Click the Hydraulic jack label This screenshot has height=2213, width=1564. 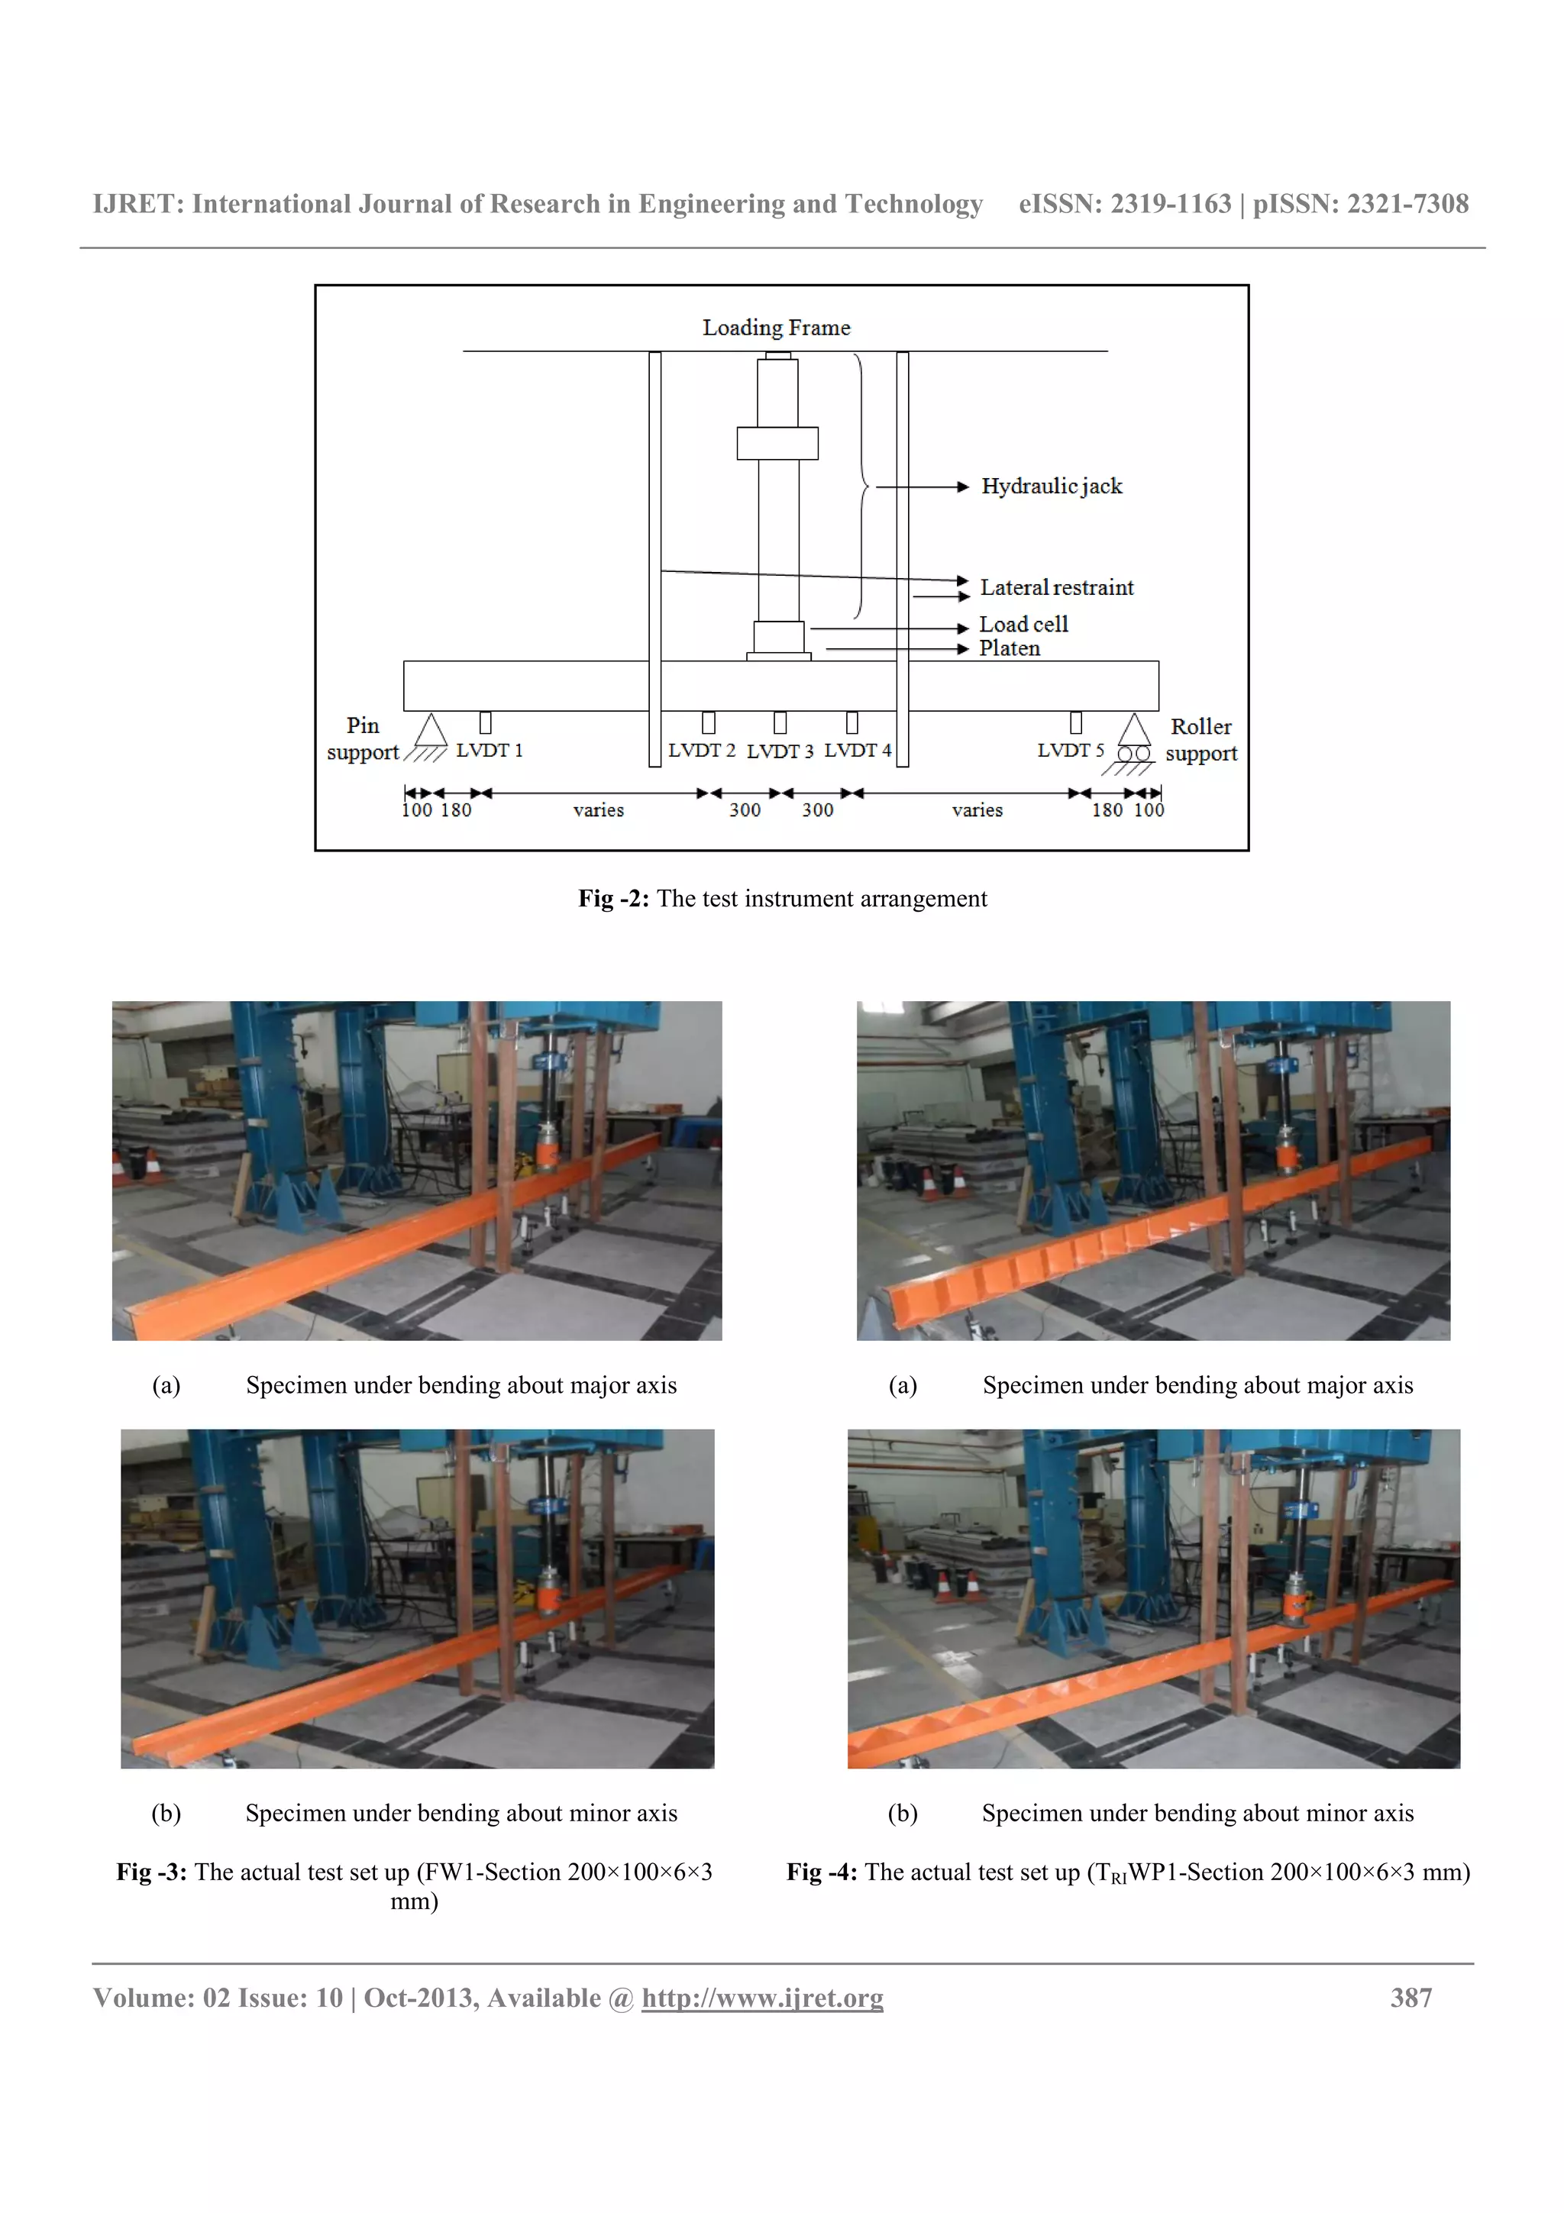coord(1052,486)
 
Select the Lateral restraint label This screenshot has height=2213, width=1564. coord(1056,588)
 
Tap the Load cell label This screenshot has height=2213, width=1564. coord(1023,625)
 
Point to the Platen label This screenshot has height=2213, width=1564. coord(1009,648)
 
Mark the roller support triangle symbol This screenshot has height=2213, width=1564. coord(1134,729)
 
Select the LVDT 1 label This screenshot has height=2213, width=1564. coord(490,751)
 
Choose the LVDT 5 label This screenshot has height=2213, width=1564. coord(1071,751)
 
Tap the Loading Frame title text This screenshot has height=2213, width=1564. coord(776,328)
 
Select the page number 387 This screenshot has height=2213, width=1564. coord(1411,1997)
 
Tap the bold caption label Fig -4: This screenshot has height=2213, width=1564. coord(821,1872)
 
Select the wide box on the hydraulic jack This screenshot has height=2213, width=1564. coord(777,444)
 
